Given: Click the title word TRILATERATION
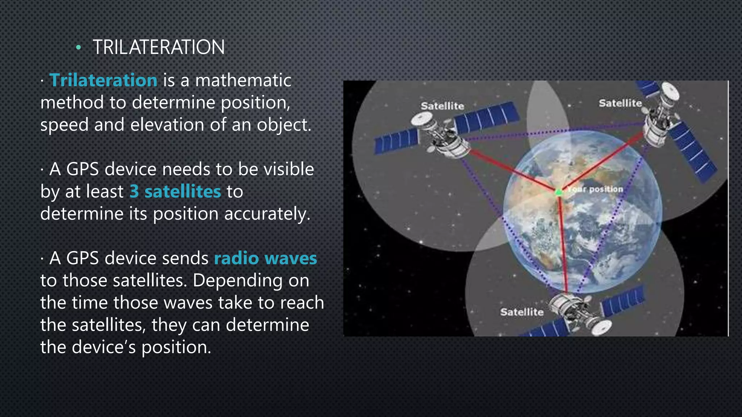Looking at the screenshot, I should pos(159,47).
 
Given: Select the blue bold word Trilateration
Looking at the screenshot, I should pos(103,80).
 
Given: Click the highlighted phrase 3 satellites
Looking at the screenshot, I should pos(175,191).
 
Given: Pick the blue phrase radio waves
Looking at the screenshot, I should pos(266,258).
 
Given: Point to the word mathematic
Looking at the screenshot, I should pos(243,80).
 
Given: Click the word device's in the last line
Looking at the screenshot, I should pos(104,347).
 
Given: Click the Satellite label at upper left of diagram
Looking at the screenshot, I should pos(442,106).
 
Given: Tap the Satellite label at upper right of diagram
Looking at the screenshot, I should pos(620,103).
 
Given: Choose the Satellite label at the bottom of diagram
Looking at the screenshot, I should pos(522,312).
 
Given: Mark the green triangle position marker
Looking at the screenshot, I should pos(559,191).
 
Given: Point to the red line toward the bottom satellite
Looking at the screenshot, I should pos(563,246).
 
